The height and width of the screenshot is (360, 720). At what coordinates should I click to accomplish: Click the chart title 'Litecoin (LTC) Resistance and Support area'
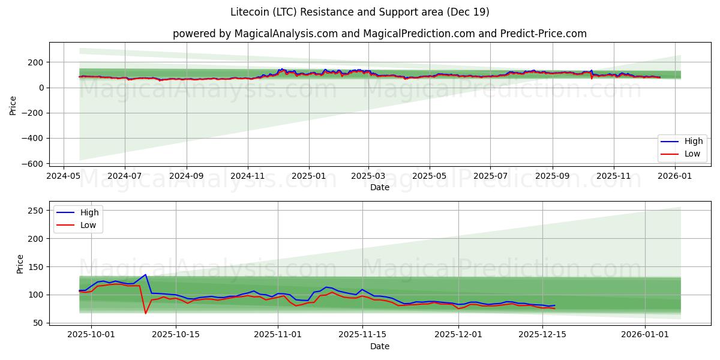coord(359,12)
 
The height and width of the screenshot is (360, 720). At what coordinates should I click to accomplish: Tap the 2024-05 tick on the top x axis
coord(64,176)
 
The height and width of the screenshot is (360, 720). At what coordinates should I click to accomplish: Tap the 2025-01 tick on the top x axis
coord(309,176)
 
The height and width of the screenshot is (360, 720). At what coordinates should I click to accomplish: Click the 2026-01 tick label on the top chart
coord(676,176)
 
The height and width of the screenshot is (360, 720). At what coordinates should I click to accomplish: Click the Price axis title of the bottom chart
coord(20,264)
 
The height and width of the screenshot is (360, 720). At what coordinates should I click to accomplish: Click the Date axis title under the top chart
coord(379,187)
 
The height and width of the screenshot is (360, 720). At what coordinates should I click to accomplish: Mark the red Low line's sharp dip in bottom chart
coord(145,313)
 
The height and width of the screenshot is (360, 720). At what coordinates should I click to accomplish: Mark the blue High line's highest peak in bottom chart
coord(145,275)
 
